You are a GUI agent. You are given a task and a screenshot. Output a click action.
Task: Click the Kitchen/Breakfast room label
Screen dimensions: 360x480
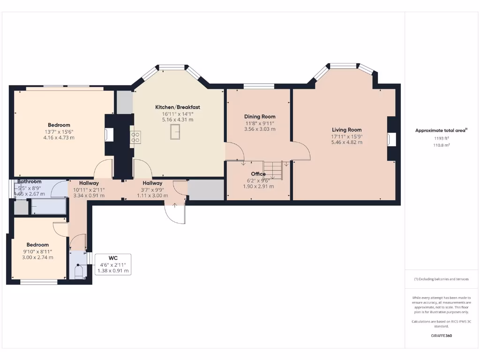[178, 107]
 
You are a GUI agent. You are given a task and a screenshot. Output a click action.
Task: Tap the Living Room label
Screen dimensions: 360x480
[347, 130]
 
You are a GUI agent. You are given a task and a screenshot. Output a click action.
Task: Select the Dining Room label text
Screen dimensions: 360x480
[260, 117]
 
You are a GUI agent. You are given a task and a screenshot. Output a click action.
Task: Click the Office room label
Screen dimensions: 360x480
[258, 174]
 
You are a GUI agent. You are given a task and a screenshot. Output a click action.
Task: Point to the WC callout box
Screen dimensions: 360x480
[112, 264]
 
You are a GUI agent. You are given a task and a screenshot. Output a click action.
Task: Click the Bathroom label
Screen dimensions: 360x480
[30, 181]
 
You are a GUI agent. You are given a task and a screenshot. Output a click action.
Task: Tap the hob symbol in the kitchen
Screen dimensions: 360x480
[135, 137]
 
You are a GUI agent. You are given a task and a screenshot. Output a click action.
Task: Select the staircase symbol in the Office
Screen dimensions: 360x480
[272, 170]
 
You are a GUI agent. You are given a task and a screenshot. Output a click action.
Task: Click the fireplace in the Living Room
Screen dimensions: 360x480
[391, 140]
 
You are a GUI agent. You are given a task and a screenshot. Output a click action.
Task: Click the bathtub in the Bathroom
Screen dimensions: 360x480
[49, 207]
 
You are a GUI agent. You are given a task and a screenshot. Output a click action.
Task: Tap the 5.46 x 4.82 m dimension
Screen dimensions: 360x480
[347, 142]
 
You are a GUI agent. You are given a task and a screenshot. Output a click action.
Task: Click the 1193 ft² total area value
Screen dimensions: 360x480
[441, 139]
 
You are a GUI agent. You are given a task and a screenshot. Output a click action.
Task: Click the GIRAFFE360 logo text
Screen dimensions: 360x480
[441, 336]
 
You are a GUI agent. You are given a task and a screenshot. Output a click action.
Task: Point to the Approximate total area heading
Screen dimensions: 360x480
[441, 131]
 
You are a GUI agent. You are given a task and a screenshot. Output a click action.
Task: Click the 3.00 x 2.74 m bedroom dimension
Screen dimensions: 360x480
[37, 257]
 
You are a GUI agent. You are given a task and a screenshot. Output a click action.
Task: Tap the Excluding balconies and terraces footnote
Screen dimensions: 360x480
[441, 279]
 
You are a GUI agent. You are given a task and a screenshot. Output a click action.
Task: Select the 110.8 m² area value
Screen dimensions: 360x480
[441, 145]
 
